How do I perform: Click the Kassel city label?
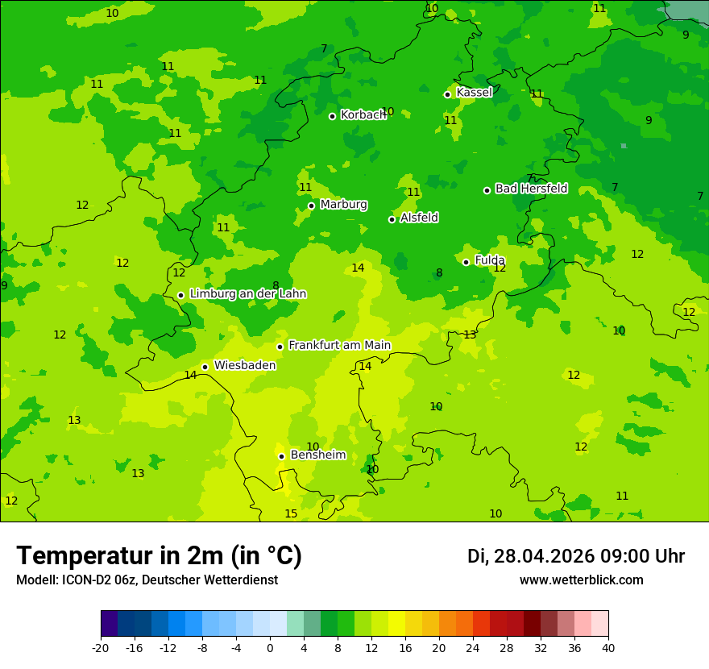click(x=474, y=93)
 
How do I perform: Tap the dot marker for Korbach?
click(x=332, y=116)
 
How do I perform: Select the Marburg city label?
click(x=343, y=205)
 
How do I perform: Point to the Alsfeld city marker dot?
click(x=392, y=219)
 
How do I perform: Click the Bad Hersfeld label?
click(x=531, y=189)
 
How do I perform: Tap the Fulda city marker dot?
click(x=466, y=262)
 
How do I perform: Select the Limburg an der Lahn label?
click(x=247, y=294)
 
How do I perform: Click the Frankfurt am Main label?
click(x=339, y=345)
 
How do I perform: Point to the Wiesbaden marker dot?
click(x=205, y=367)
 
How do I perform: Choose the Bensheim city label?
click(x=317, y=455)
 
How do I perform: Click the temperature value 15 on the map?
click(x=291, y=514)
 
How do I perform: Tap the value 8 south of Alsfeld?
click(x=439, y=273)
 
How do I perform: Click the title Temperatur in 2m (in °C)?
click(x=160, y=556)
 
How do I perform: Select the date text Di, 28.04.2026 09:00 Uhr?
click(x=576, y=556)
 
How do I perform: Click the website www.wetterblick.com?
click(x=581, y=580)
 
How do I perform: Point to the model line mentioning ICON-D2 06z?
click(x=147, y=580)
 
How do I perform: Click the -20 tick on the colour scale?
click(x=101, y=647)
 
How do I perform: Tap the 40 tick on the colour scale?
click(x=607, y=647)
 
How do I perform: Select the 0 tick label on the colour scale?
click(x=270, y=647)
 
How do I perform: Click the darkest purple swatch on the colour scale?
click(x=110, y=624)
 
